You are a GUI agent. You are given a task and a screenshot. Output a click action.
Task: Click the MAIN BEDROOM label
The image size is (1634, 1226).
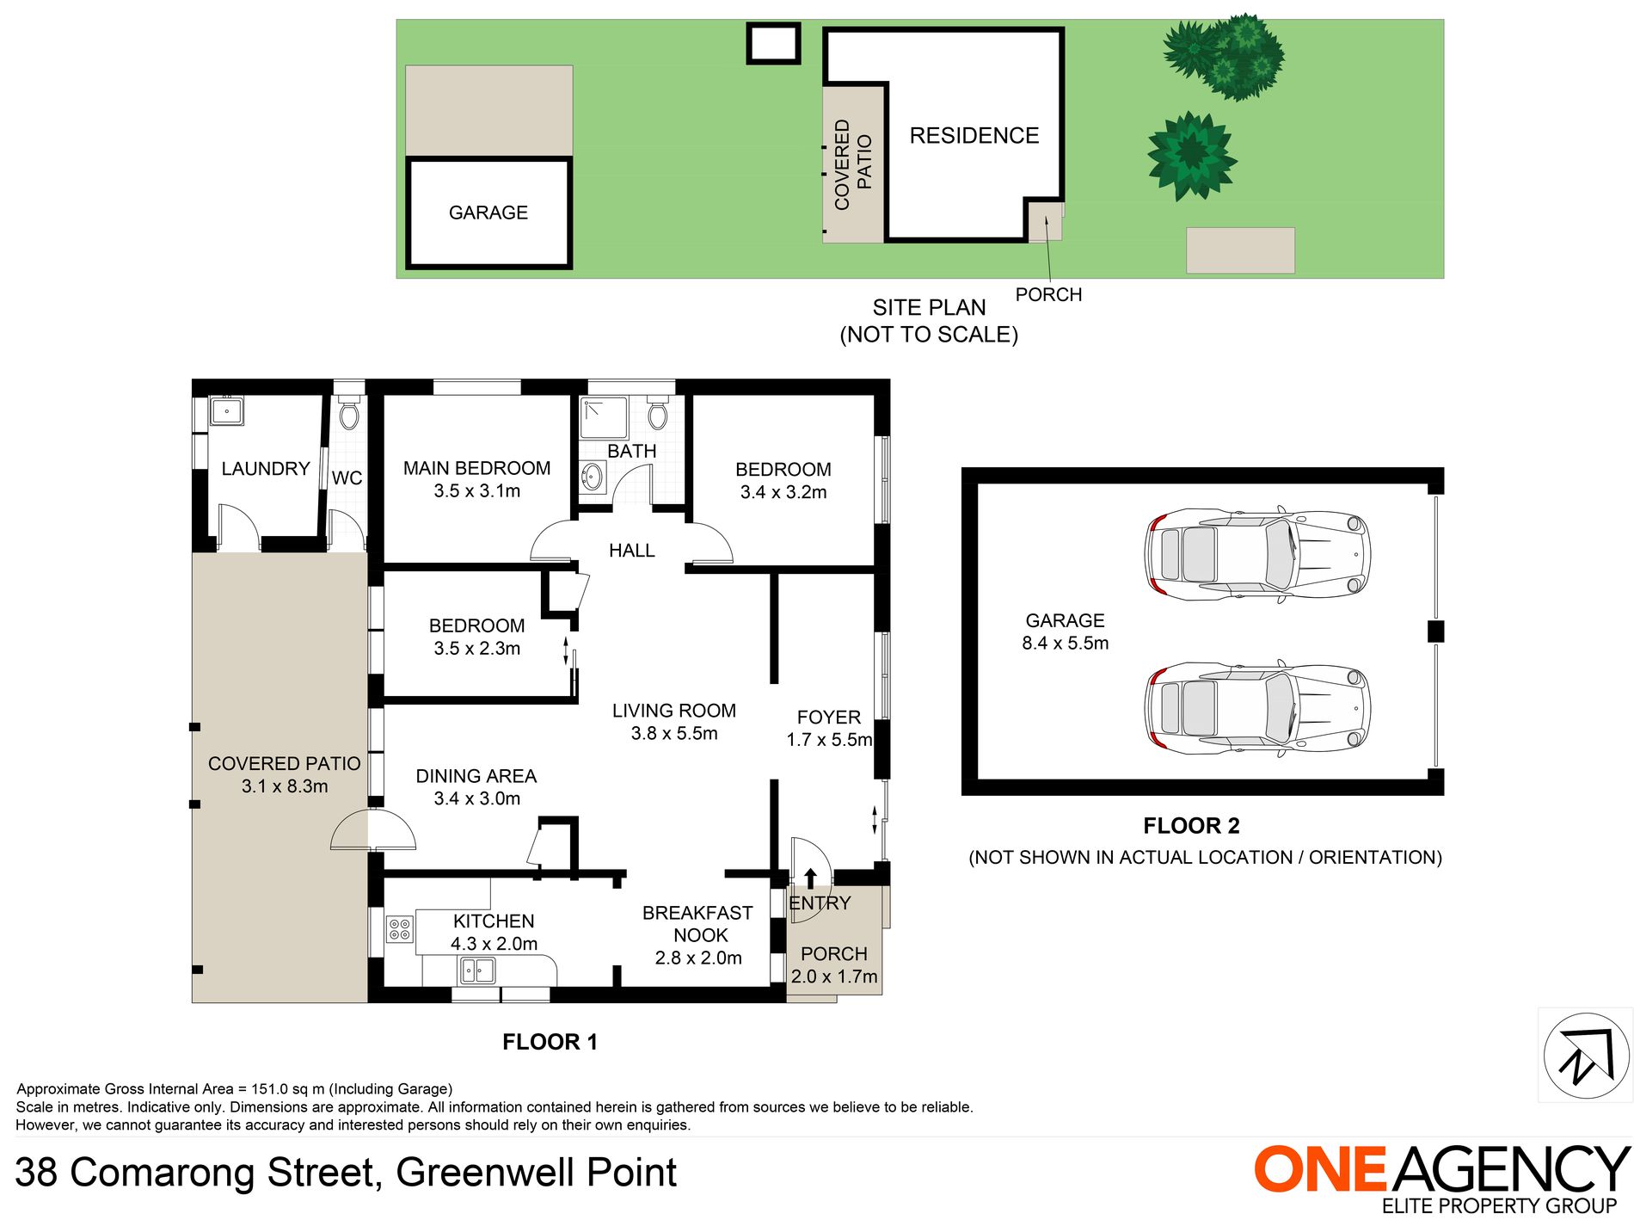pos(476,468)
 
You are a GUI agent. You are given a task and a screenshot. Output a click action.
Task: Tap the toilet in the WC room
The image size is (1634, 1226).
pos(348,415)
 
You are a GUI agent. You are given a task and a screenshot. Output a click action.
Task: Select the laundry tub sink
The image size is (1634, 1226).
pos(227,410)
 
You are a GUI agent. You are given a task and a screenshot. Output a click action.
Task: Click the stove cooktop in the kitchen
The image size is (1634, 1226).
pos(400,929)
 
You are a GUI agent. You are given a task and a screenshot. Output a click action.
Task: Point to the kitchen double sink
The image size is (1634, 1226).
pos(478,971)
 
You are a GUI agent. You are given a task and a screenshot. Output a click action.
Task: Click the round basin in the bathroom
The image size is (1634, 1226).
pos(592,477)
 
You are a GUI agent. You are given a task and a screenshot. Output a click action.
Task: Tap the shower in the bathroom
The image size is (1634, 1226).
pos(603,417)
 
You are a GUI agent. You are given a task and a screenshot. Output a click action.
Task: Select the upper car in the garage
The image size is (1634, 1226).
pos(1256,554)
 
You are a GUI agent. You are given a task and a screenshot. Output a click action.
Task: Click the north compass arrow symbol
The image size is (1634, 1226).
pos(1584,1057)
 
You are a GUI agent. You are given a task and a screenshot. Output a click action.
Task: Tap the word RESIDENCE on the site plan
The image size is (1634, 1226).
pos(974,136)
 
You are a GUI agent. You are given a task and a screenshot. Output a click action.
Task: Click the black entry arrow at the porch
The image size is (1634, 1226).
pos(810,878)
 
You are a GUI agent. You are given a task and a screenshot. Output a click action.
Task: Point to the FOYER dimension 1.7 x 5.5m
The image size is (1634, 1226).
pos(829,740)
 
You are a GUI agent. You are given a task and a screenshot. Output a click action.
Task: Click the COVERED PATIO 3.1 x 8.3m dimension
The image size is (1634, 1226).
pos(285,786)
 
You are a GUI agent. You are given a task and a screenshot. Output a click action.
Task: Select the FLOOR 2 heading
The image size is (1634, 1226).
pos(1191,826)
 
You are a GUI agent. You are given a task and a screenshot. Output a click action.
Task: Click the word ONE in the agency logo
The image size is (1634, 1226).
pos(1319,1170)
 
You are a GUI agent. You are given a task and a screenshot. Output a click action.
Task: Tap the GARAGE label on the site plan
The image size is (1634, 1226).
pos(488,213)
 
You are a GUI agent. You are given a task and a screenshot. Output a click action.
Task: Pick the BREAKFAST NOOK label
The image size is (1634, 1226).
pos(697,924)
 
